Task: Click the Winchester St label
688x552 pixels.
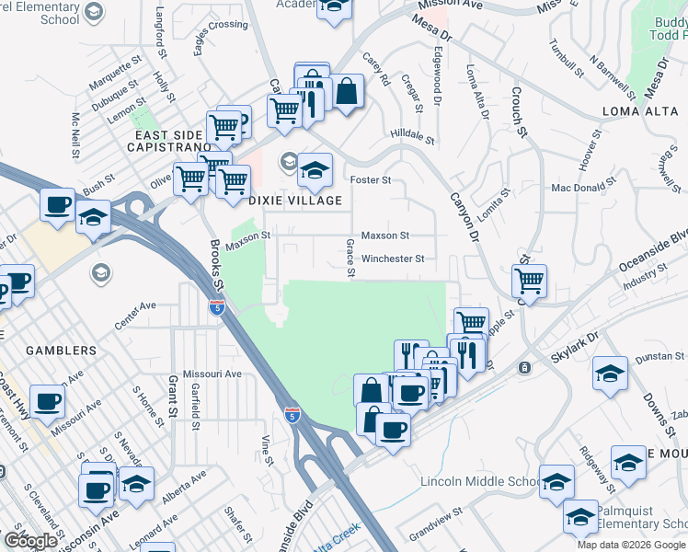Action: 393,259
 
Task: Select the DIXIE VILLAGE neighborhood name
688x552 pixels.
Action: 294,200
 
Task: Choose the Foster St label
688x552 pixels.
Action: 369,179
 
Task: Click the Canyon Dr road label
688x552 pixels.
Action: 465,217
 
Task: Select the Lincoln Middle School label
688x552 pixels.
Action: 481,481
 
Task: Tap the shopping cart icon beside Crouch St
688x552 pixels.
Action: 529,280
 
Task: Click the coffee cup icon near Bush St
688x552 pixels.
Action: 58,204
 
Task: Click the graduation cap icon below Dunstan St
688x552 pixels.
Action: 610,374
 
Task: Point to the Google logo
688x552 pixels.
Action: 31,540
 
